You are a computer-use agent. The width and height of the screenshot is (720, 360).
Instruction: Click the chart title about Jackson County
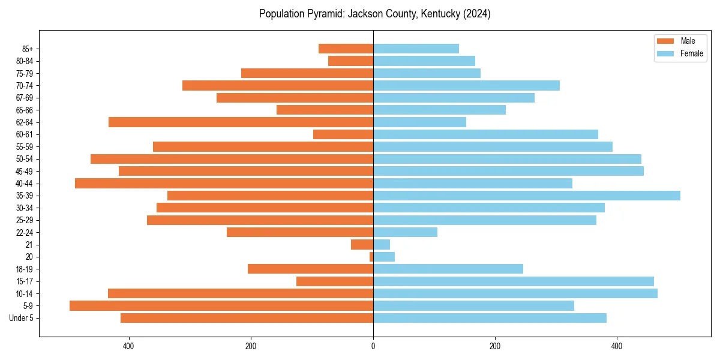coord(374,14)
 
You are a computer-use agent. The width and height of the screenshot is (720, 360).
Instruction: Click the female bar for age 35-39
coord(526,196)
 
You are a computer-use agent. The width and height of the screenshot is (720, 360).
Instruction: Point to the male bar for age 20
coord(371,257)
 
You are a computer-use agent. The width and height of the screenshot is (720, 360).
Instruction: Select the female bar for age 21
coord(382,244)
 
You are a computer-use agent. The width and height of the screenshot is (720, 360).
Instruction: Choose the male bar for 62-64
coord(241,122)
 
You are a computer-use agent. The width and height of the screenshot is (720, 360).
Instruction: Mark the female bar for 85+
coord(416,49)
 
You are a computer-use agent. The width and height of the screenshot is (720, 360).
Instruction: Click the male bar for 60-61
coord(343,134)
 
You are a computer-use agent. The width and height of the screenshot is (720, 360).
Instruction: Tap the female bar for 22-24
coord(405,232)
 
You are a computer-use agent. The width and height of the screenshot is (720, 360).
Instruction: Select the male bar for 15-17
coord(335,281)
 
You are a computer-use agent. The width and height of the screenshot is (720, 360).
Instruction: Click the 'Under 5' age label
coord(21,318)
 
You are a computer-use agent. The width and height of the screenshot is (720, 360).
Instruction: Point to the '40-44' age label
coord(25,184)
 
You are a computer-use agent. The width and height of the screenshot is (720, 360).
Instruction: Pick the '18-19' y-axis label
coord(25,269)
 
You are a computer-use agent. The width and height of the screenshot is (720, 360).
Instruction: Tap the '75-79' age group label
coord(25,73)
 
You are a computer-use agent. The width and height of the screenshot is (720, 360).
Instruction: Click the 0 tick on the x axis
coord(373,346)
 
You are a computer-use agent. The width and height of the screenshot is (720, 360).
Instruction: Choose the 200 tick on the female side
coord(495,346)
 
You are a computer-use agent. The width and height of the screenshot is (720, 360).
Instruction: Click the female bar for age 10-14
coord(515,293)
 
